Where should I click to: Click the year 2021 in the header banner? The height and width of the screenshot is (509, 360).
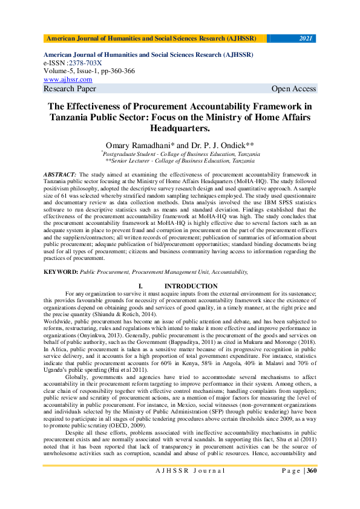coord(306,39)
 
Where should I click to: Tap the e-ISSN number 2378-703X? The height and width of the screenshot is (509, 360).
coord(84,63)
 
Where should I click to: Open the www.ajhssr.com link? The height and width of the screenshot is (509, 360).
coord(68,79)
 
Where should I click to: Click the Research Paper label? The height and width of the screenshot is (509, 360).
coord(70,89)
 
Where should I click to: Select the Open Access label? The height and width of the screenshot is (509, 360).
coord(293,89)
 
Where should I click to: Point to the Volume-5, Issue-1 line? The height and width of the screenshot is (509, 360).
coord(90,71)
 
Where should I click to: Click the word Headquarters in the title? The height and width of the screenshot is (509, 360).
coord(180,129)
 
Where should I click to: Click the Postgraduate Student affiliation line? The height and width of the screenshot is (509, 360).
coord(181,154)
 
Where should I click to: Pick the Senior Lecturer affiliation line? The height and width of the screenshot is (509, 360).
coord(180,161)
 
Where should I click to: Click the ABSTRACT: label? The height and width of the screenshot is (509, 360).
coord(59,174)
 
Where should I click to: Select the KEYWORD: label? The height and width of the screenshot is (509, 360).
coord(61,273)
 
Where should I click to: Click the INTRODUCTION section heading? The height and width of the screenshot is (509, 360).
coord(191,286)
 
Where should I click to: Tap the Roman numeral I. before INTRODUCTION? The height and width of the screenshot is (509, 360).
coord(140,286)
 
